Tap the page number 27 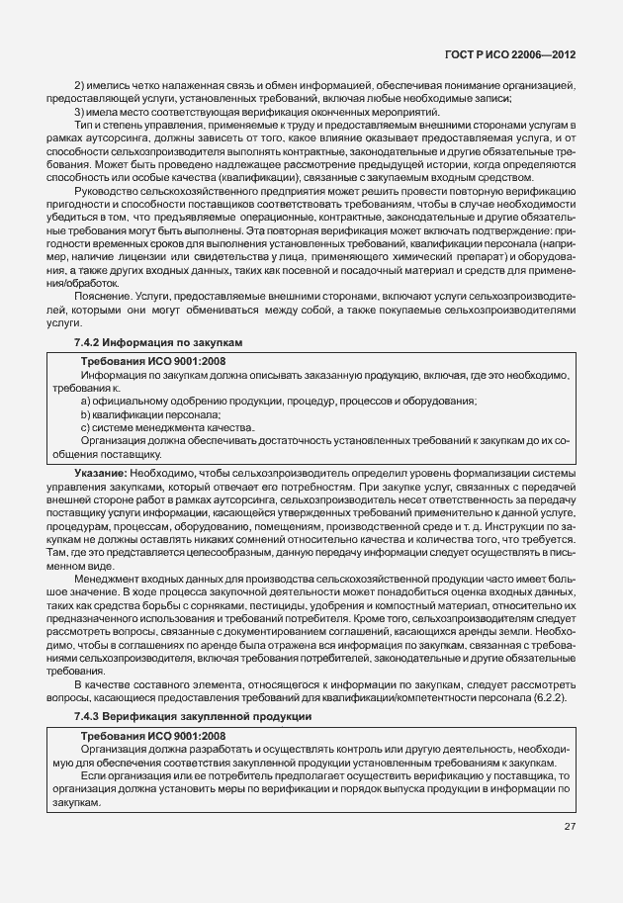570,826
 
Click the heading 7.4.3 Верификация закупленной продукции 193,715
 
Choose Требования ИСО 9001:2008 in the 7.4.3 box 152,737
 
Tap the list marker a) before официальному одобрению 86,402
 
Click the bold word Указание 99,475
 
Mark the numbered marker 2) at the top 80,87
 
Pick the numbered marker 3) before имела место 80,112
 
